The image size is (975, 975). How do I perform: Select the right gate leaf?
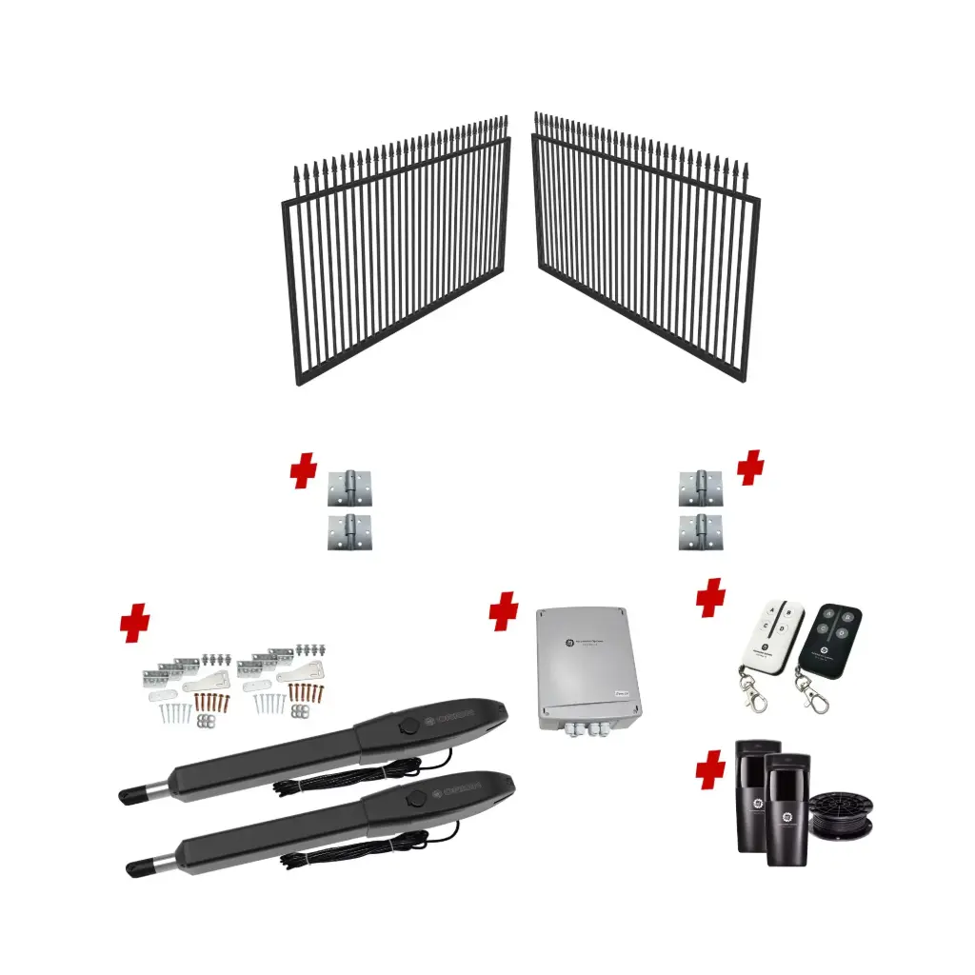point(647,252)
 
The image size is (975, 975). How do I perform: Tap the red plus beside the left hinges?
point(304,471)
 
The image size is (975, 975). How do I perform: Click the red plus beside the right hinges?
point(750,468)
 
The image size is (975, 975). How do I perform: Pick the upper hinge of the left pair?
point(349,488)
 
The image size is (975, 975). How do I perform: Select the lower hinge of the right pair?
point(700,532)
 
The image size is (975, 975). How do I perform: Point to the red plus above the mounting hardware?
point(135,624)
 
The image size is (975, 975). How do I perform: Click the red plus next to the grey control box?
point(504,612)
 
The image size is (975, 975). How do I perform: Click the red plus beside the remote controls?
point(710,598)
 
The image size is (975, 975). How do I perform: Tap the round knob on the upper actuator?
point(408,725)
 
